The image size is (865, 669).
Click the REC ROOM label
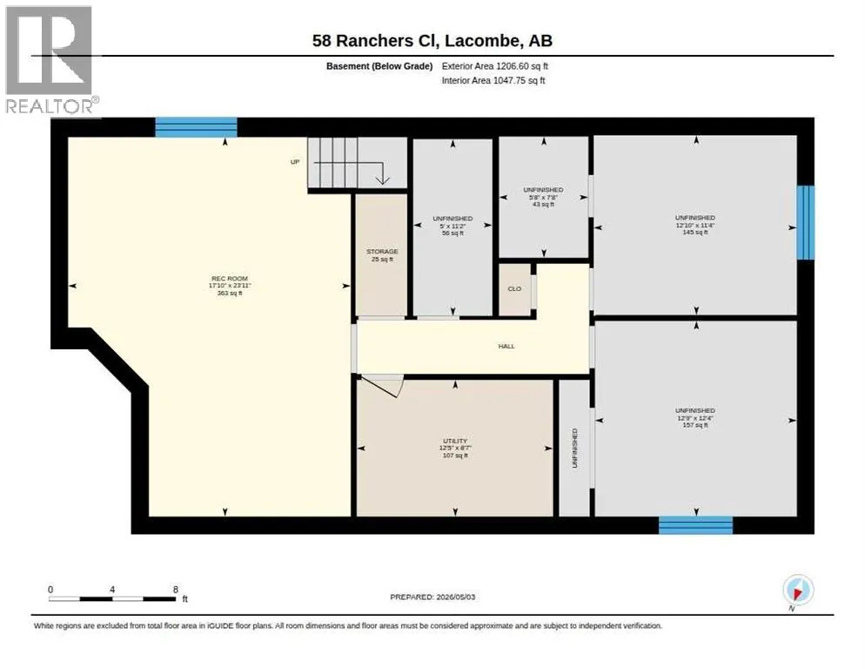click(x=230, y=279)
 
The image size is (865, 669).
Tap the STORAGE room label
click(x=382, y=252)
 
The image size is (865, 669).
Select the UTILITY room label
click(x=455, y=441)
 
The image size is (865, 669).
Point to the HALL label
click(x=506, y=347)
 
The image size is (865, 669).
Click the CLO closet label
click(x=514, y=289)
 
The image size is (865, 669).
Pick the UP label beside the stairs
click(x=295, y=162)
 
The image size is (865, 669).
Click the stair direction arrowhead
click(x=382, y=180)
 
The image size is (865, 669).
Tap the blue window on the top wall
click(x=196, y=127)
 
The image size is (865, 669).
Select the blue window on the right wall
click(x=806, y=223)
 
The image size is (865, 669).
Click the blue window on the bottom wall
click(x=695, y=525)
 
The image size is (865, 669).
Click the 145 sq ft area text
click(x=695, y=233)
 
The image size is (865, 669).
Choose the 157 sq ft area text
click(x=695, y=425)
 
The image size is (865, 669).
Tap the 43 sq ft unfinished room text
click(x=543, y=205)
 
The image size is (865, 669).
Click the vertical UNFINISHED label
click(x=575, y=448)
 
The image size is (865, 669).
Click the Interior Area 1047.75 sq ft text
click(x=493, y=81)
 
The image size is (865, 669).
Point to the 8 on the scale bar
click(x=176, y=590)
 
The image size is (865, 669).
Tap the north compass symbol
click(x=798, y=590)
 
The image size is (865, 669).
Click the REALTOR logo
click(x=50, y=59)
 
